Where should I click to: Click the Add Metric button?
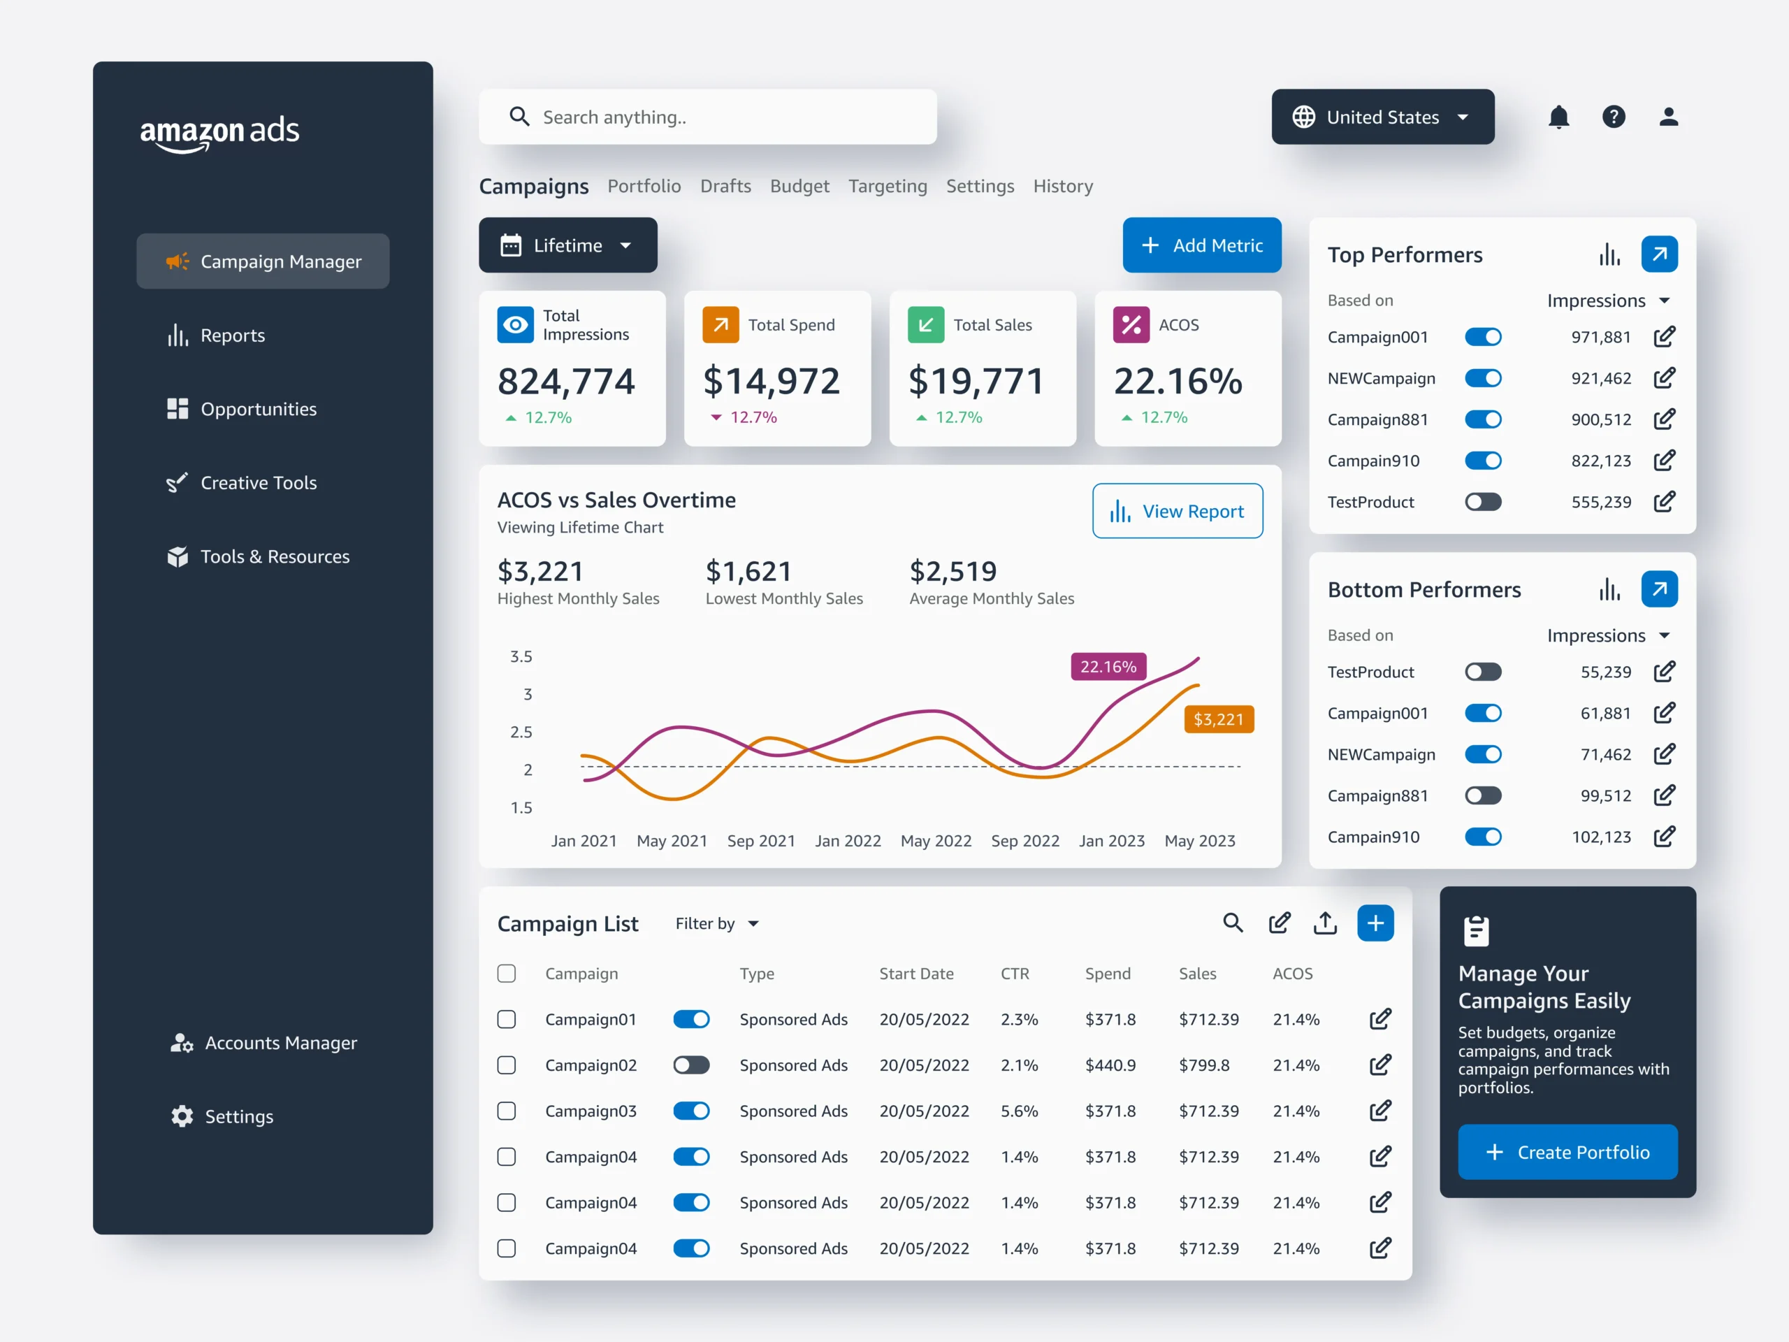(1201, 245)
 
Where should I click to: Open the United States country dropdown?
(1382, 117)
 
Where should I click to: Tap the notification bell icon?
(1558, 117)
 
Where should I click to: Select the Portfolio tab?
(644, 186)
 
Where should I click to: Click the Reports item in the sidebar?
(232, 335)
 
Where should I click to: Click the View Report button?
(1177, 511)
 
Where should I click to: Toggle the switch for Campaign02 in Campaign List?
(692, 1065)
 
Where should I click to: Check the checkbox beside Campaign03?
(506, 1111)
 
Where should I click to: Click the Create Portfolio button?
(1567, 1152)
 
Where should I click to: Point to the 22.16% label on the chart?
(1108, 667)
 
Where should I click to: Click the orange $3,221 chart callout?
(1218, 719)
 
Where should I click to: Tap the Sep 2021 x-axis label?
(760, 842)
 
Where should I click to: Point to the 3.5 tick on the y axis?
(521, 657)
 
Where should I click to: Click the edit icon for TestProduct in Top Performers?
(1664, 503)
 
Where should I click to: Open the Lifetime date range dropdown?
(567, 245)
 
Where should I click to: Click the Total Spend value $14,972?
(772, 381)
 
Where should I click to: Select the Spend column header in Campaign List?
(1107, 974)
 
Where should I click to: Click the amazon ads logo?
(219, 132)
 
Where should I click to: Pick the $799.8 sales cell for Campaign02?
(1203, 1065)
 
